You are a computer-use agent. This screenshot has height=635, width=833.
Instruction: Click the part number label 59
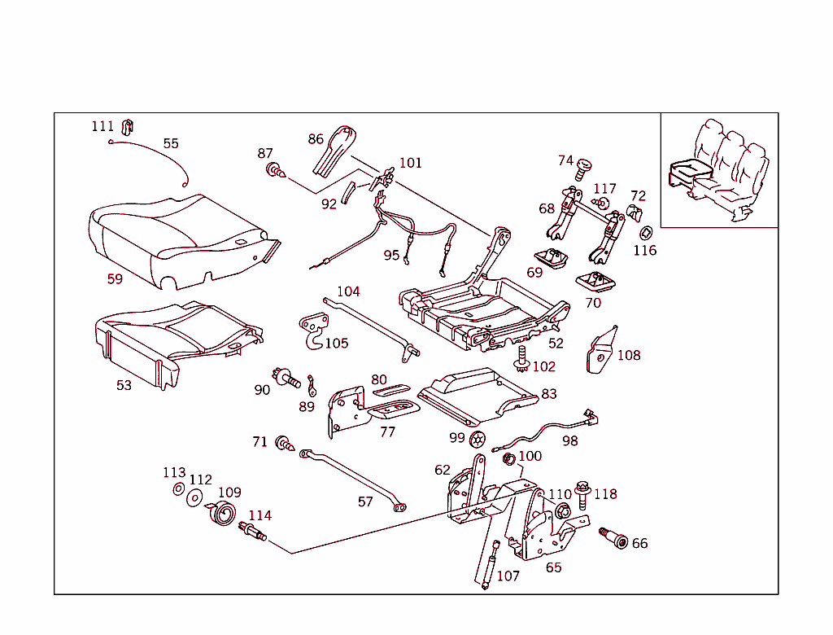pyautogui.click(x=115, y=279)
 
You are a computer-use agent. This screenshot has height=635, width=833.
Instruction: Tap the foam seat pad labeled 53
pyautogui.click(x=171, y=341)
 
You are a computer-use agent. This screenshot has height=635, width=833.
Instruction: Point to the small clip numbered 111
pyautogui.click(x=127, y=125)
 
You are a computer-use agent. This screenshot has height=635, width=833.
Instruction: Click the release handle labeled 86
pyautogui.click(x=334, y=151)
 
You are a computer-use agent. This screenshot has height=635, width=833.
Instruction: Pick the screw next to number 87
pyautogui.click(x=275, y=171)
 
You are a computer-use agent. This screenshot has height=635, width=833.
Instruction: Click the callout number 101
pyautogui.click(x=410, y=163)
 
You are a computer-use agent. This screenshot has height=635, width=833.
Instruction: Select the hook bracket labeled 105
pyautogui.click(x=313, y=329)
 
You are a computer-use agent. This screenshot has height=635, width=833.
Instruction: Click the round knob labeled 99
pyautogui.click(x=478, y=439)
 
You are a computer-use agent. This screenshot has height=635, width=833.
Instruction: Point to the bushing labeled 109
pyautogui.click(x=223, y=515)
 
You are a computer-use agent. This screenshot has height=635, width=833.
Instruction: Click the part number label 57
pyautogui.click(x=365, y=502)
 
